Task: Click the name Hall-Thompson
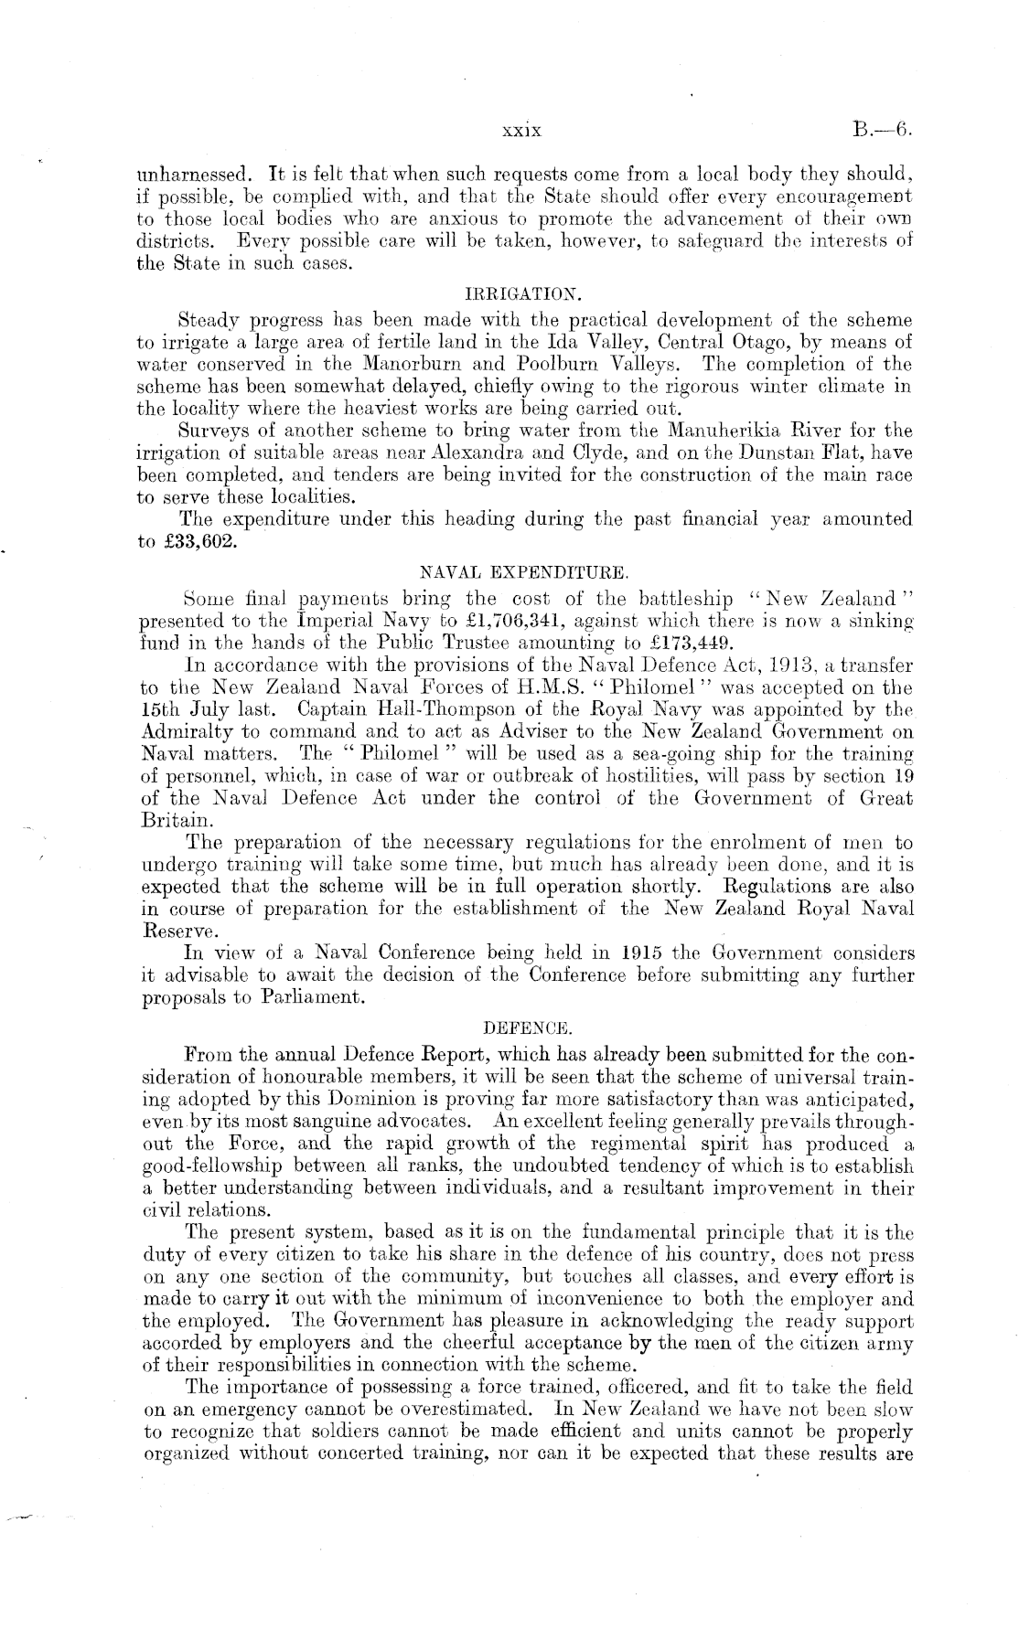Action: [435, 710]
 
